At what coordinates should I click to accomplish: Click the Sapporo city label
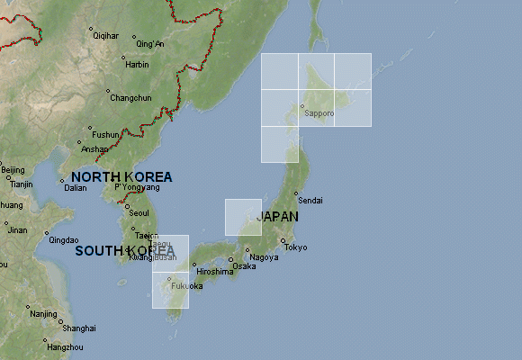pos(319,113)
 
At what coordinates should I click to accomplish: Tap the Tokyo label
pos(295,247)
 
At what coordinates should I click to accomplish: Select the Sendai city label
pos(309,200)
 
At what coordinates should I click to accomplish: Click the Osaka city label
pos(243,265)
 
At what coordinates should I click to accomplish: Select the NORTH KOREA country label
pos(121,177)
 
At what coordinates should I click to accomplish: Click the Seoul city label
pos(139,212)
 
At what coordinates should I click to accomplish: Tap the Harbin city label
pos(137,65)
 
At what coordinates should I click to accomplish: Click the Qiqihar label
pos(105,35)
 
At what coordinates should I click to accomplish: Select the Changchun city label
pos(130,98)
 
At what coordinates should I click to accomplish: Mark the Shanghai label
pos(79,328)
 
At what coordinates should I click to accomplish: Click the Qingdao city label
pos(64,239)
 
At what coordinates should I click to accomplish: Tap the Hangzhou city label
pos(65,346)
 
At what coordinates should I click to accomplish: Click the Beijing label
pos(13,170)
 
